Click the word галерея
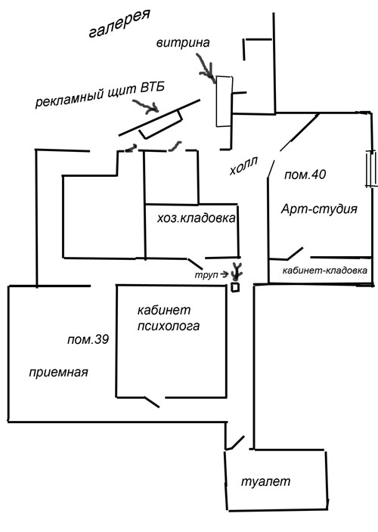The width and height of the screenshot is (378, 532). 119,23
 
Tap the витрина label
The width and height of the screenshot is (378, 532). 183,43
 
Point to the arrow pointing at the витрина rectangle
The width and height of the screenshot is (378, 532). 206,69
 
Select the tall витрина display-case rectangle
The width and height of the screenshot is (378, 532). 225,101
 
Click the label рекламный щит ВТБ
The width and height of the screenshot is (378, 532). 100,94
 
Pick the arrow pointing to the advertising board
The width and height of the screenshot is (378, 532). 146,107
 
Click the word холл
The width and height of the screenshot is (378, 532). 243,166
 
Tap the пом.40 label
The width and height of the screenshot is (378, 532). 305,175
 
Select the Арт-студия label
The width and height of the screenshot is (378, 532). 319,209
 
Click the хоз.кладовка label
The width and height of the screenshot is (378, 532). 196,218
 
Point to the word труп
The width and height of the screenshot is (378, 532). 206,275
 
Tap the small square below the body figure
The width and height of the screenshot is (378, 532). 235,287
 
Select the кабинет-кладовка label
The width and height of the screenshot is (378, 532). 325,271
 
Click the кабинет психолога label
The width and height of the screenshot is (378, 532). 169,318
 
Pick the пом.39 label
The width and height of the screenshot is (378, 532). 88,339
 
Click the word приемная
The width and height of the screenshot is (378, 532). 58,373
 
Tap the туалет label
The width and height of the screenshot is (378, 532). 265,481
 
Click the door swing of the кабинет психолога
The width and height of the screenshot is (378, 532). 152,402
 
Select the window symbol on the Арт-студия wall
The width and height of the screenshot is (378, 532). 370,169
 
